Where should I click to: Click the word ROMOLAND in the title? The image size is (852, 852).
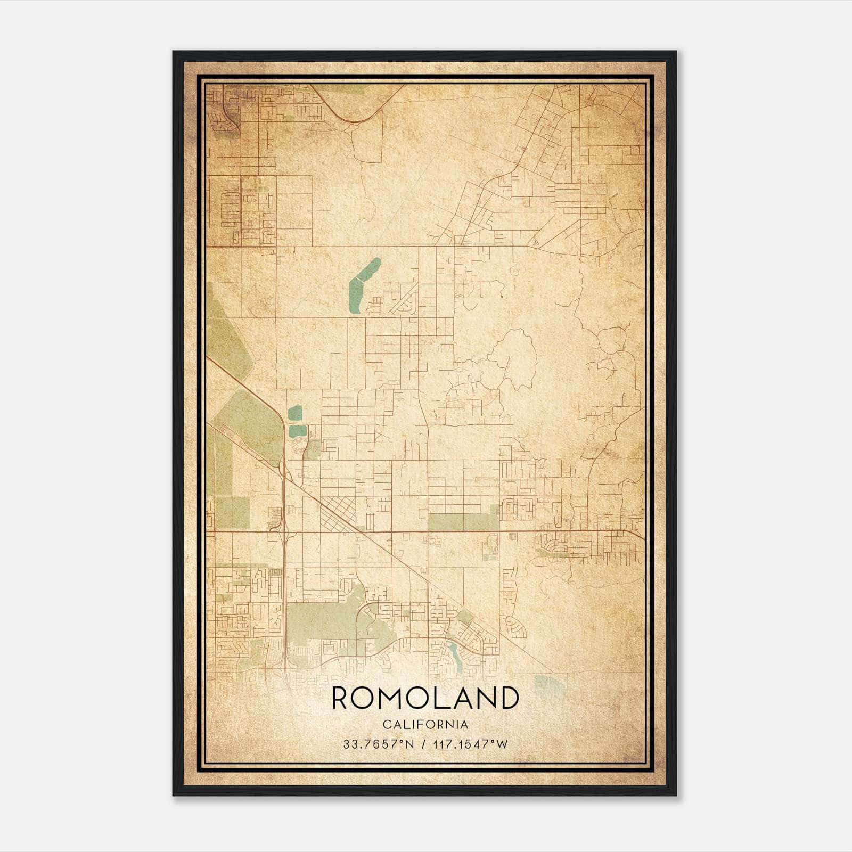(425, 698)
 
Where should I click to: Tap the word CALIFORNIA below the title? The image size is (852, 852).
(425, 725)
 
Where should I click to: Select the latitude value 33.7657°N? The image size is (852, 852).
(378, 744)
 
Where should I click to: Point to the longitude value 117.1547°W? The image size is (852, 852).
(471, 744)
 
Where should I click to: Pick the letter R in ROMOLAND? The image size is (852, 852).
(341, 698)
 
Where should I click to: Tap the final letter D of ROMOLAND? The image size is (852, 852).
(508, 698)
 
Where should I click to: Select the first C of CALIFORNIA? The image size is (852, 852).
(386, 725)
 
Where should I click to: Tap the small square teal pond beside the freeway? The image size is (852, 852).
(294, 413)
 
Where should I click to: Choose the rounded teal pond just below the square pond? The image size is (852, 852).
(297, 431)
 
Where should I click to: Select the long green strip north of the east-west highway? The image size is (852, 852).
(462, 522)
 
